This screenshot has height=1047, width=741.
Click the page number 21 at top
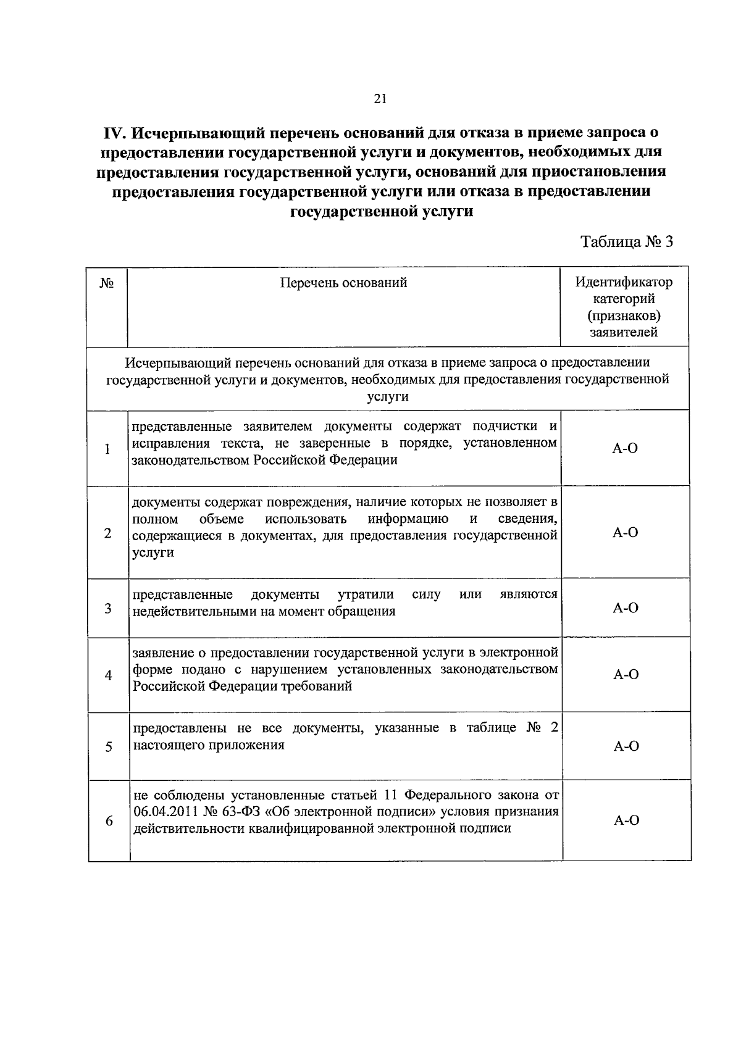point(380,98)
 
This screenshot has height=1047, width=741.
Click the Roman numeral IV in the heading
point(115,133)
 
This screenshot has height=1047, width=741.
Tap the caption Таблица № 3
point(626,241)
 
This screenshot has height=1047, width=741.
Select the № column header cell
point(106,283)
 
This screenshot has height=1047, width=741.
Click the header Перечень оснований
point(344,283)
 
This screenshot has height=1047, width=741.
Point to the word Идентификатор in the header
point(624,283)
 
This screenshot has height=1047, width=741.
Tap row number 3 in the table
point(107,609)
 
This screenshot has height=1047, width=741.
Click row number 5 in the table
point(108,747)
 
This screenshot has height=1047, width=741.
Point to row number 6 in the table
point(109,821)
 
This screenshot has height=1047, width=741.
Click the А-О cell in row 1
point(625,449)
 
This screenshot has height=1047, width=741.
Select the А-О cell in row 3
point(625,608)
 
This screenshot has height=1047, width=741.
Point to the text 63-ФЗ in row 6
point(237,811)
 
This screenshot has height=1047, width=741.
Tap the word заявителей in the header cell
point(624,333)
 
